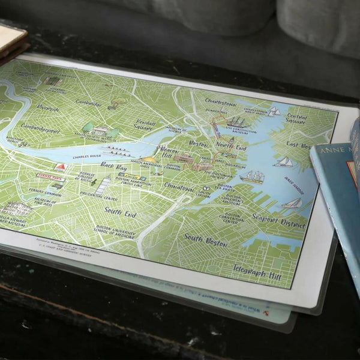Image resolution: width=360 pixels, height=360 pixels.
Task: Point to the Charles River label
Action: (x=86, y=157)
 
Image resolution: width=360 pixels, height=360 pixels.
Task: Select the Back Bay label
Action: (x=113, y=164)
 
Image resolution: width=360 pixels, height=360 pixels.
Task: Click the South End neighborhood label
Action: (x=120, y=212)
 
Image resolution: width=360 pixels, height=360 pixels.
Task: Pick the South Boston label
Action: (x=205, y=238)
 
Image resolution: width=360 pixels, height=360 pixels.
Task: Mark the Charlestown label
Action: (x=220, y=102)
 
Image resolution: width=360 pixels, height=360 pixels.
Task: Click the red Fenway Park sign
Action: (x=50, y=177)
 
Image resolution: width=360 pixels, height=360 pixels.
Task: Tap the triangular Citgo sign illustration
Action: (x=61, y=166)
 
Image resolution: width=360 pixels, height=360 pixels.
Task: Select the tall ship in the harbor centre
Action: (x=253, y=176)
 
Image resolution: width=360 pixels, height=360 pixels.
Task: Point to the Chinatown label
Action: (x=178, y=189)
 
